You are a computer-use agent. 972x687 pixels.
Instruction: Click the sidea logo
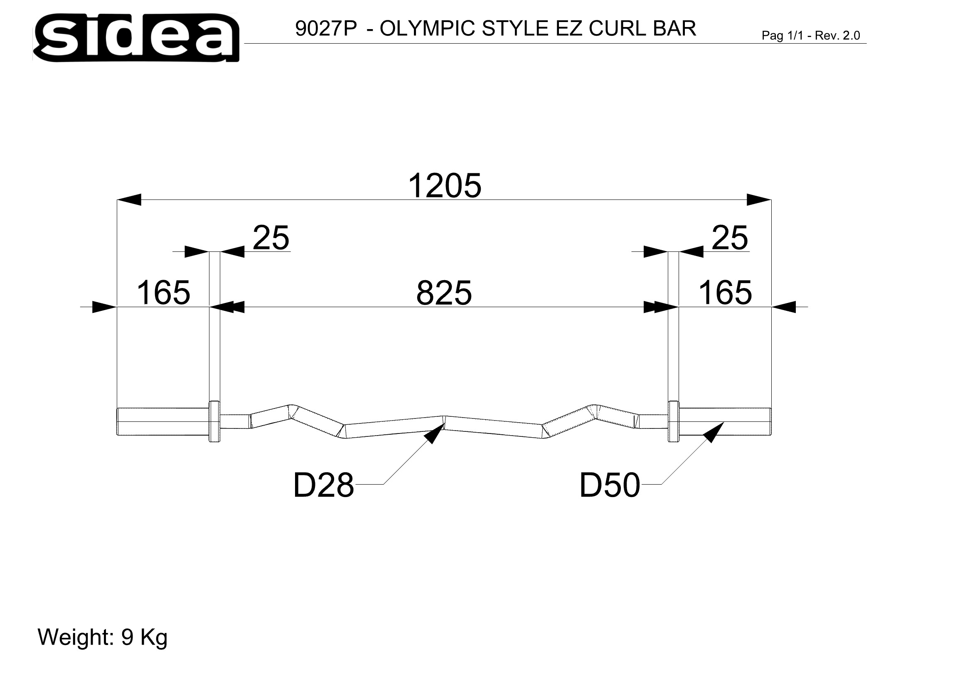pos(136,38)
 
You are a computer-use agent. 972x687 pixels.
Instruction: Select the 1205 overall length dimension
pos(445,185)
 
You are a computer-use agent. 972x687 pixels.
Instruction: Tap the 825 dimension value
pos(444,293)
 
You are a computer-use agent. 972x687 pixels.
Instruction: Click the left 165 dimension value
pos(163,293)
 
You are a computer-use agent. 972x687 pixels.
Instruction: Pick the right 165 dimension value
pos(725,293)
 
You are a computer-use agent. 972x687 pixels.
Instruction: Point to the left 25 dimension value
pos(271,238)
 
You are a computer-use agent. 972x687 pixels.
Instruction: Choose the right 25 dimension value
pos(730,238)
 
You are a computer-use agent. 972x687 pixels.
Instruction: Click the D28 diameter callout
pos(323,485)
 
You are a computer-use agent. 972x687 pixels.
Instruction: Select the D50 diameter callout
pos(610,485)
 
